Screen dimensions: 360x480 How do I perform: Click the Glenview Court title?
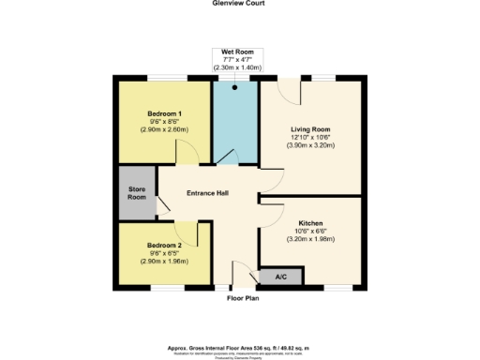click(240, 4)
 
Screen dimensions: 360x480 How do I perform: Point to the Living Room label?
click(309, 130)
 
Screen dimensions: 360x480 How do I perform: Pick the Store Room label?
click(138, 193)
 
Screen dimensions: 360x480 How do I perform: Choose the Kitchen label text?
click(309, 223)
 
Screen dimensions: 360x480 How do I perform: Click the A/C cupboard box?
click(281, 277)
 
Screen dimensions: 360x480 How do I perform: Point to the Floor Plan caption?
click(242, 299)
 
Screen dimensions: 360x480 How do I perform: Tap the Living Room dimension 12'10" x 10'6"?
click(309, 139)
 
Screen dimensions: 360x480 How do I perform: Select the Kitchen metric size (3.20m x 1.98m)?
click(309, 240)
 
